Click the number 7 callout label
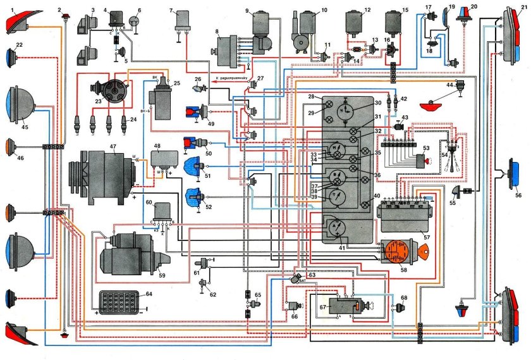click(171, 11)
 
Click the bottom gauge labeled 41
click(341, 228)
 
